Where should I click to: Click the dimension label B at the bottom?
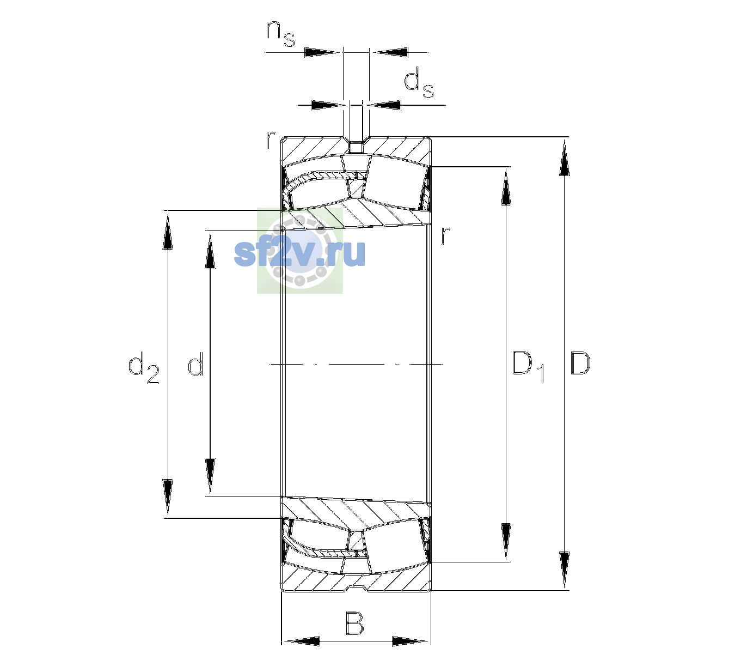pyautogui.click(x=354, y=623)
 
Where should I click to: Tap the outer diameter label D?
pyautogui.click(x=580, y=363)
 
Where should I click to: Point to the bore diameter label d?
pyautogui.click(x=195, y=363)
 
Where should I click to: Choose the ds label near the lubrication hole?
pyautogui.click(x=419, y=83)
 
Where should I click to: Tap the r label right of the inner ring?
pyautogui.click(x=445, y=235)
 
